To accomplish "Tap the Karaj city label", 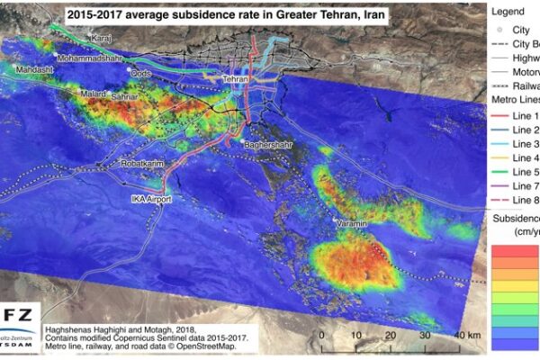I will [x=101, y=39].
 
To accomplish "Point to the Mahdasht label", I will [x=35, y=68].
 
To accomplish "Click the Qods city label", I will [x=142, y=73].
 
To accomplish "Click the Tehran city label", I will [x=234, y=80].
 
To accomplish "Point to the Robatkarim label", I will [x=144, y=166].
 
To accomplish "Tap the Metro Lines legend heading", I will [x=514, y=97].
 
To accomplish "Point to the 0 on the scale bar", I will [x=322, y=336].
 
